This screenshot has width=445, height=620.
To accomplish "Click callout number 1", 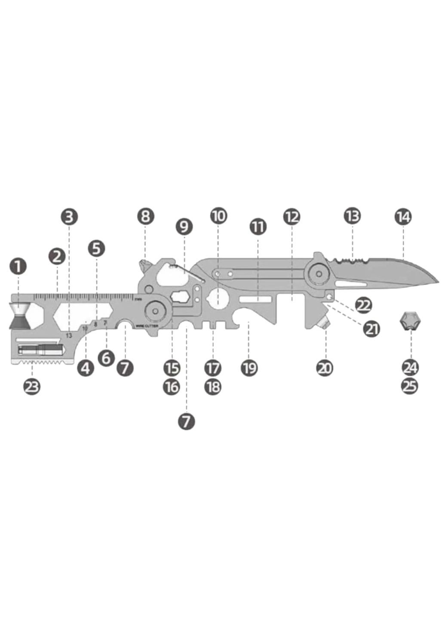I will click(x=18, y=266).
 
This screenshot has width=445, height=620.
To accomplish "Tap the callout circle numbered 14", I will click(x=403, y=217).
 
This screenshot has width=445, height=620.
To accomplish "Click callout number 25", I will click(x=410, y=386).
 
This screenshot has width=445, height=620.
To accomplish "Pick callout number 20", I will click(x=325, y=368).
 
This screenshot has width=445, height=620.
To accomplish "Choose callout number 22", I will click(x=363, y=305).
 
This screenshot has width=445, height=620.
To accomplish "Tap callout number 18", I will click(x=213, y=387).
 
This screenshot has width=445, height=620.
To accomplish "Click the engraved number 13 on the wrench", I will click(x=69, y=335).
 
